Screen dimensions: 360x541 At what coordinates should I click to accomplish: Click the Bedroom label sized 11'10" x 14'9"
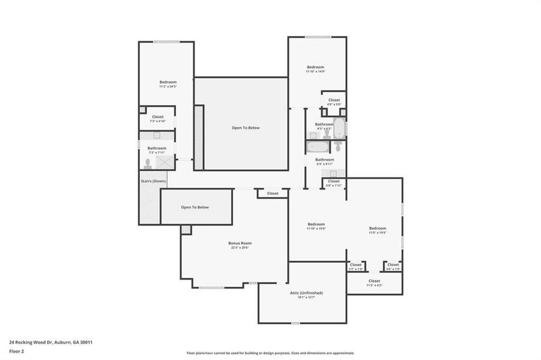click(316, 67)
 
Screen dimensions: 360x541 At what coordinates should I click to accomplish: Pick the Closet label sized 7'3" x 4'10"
click(157, 117)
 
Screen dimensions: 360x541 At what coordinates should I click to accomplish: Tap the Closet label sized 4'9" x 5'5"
click(334, 100)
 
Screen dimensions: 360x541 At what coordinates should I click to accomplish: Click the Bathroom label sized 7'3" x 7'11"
click(157, 148)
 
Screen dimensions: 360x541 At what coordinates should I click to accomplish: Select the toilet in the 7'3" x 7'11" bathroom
click(148, 163)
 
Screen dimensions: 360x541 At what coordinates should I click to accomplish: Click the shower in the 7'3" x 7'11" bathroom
click(165, 161)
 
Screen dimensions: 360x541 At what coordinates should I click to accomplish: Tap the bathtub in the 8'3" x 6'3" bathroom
click(339, 127)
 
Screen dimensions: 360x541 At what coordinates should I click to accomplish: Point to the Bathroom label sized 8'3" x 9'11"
click(324, 160)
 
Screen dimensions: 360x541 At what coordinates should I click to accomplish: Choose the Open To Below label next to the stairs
click(195, 207)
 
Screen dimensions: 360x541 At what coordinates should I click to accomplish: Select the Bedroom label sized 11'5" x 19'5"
click(378, 228)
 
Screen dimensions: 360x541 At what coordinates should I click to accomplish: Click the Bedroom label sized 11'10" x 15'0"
click(316, 224)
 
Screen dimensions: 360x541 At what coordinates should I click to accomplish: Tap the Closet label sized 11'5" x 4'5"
click(374, 281)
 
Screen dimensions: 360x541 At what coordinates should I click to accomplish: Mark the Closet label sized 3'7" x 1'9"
click(356, 265)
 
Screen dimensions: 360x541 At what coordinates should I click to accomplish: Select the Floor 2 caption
click(17, 352)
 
